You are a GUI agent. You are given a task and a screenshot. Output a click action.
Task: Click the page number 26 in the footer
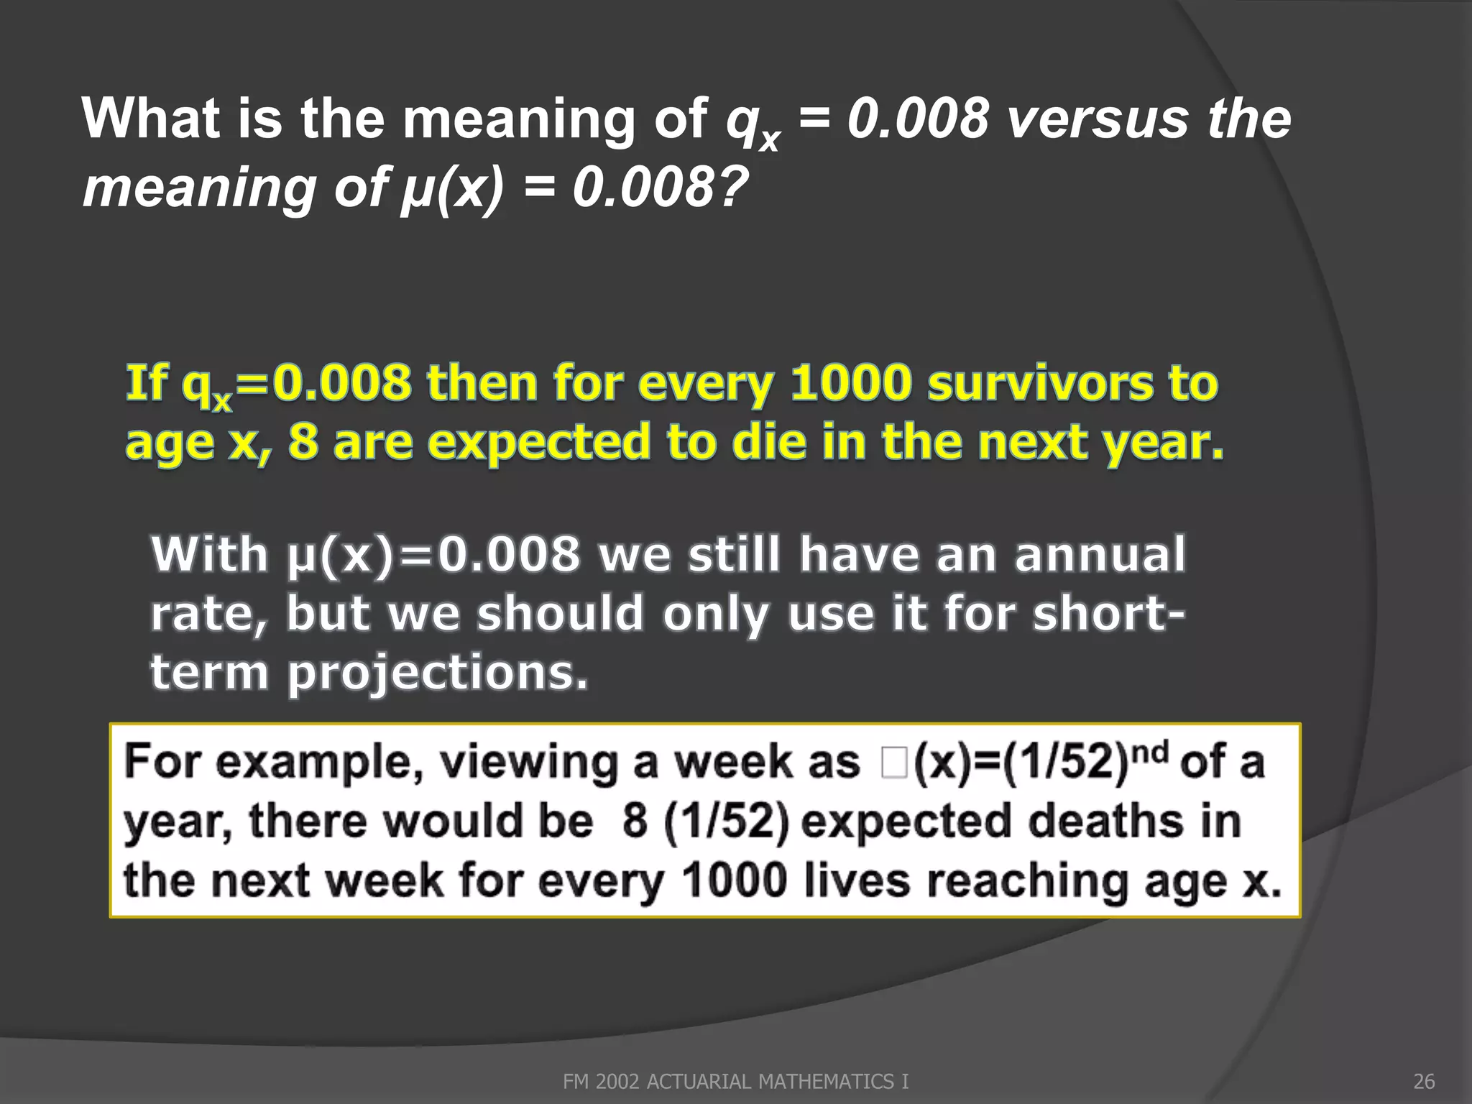pyautogui.click(x=1424, y=1082)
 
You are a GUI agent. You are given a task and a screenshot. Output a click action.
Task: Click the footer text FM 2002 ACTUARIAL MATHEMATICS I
pyautogui.click(x=735, y=1082)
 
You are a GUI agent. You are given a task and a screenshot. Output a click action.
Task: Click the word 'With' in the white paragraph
pyautogui.click(x=210, y=554)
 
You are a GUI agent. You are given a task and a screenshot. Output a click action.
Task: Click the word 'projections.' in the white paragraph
pyautogui.click(x=438, y=673)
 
